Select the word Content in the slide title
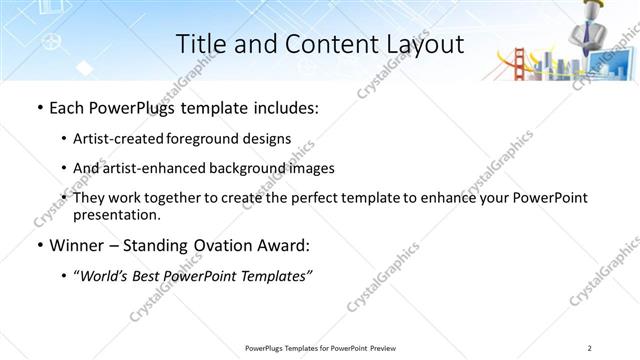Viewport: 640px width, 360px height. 320,45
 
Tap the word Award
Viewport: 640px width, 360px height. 299,245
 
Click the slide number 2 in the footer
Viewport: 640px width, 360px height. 590,347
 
